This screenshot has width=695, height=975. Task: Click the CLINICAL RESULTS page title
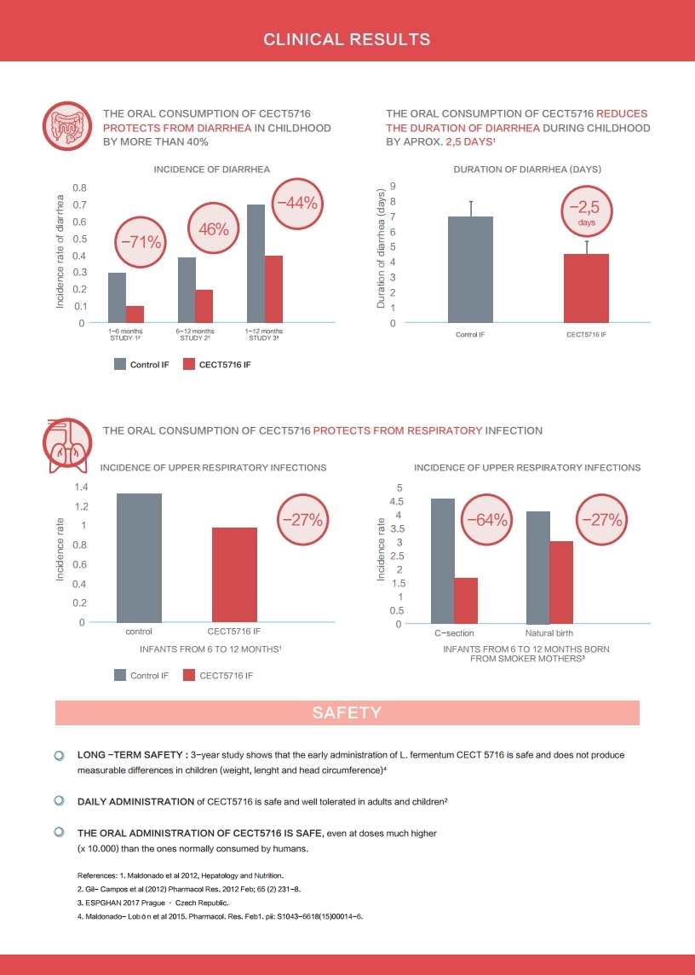tap(347, 39)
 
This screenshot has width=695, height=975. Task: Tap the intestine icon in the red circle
tap(67, 126)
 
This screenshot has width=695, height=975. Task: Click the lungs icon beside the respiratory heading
tap(67, 444)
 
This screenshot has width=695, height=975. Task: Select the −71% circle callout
tap(141, 242)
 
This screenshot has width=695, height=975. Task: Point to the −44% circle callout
tap(298, 204)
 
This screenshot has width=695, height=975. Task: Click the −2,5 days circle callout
tap(586, 212)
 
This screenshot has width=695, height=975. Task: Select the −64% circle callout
tap(487, 520)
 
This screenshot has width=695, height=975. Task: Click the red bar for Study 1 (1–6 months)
tap(135, 314)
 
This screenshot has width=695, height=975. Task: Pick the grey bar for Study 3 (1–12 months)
tap(256, 263)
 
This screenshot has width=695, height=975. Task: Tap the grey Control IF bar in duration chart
tap(471, 270)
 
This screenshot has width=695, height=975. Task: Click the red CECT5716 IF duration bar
tap(586, 289)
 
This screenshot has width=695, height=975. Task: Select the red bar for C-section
tap(466, 601)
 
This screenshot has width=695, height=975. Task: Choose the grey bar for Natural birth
tap(538, 568)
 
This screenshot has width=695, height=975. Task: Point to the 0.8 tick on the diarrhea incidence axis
tap(79, 187)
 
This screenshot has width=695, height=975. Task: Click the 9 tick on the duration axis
tap(393, 186)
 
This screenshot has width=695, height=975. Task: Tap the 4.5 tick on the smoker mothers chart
tap(395, 501)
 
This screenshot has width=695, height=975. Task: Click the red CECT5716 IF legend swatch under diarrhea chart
tap(189, 365)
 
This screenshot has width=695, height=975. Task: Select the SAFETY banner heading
tap(347, 712)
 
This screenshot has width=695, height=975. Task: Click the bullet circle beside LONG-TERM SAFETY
tap(59, 755)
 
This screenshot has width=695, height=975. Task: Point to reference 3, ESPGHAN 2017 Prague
tap(158, 903)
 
